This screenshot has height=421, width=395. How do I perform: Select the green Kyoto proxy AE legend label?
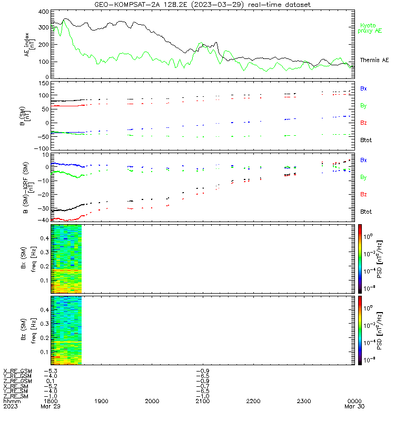pyautogui.click(x=370, y=28)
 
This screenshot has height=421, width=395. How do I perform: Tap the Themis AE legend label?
pyautogui.click(x=374, y=60)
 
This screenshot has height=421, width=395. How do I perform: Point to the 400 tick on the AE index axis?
pyautogui.click(x=44, y=12)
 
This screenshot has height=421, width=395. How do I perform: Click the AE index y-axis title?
pyautogui.click(x=29, y=45)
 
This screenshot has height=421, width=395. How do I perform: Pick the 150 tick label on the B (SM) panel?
pyautogui.click(x=44, y=84)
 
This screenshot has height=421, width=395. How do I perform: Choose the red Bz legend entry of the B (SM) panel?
pyautogui.click(x=363, y=123)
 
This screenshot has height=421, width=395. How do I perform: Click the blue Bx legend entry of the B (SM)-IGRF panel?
pyautogui.click(x=363, y=160)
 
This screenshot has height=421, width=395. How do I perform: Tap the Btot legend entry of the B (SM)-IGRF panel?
pyautogui.click(x=366, y=212)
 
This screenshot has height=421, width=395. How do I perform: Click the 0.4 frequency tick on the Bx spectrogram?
pyautogui.click(x=44, y=238)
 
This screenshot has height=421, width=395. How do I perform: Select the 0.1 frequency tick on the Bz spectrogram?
pyautogui.click(x=44, y=352)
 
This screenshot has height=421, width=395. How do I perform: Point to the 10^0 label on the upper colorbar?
pyautogui.click(x=368, y=236)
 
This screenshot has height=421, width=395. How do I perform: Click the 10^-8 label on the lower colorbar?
pyautogui.click(x=368, y=359)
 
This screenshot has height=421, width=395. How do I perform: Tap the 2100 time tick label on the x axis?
pyautogui.click(x=203, y=401)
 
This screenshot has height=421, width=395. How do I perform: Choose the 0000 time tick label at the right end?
pyautogui.click(x=354, y=401)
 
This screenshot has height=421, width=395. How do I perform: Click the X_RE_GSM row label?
pyautogui.click(x=17, y=371)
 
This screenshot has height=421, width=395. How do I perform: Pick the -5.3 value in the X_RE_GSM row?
pyautogui.click(x=51, y=371)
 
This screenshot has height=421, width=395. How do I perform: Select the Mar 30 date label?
pyautogui.click(x=354, y=406)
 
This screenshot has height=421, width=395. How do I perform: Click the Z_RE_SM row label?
pyautogui.click(x=16, y=396)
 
